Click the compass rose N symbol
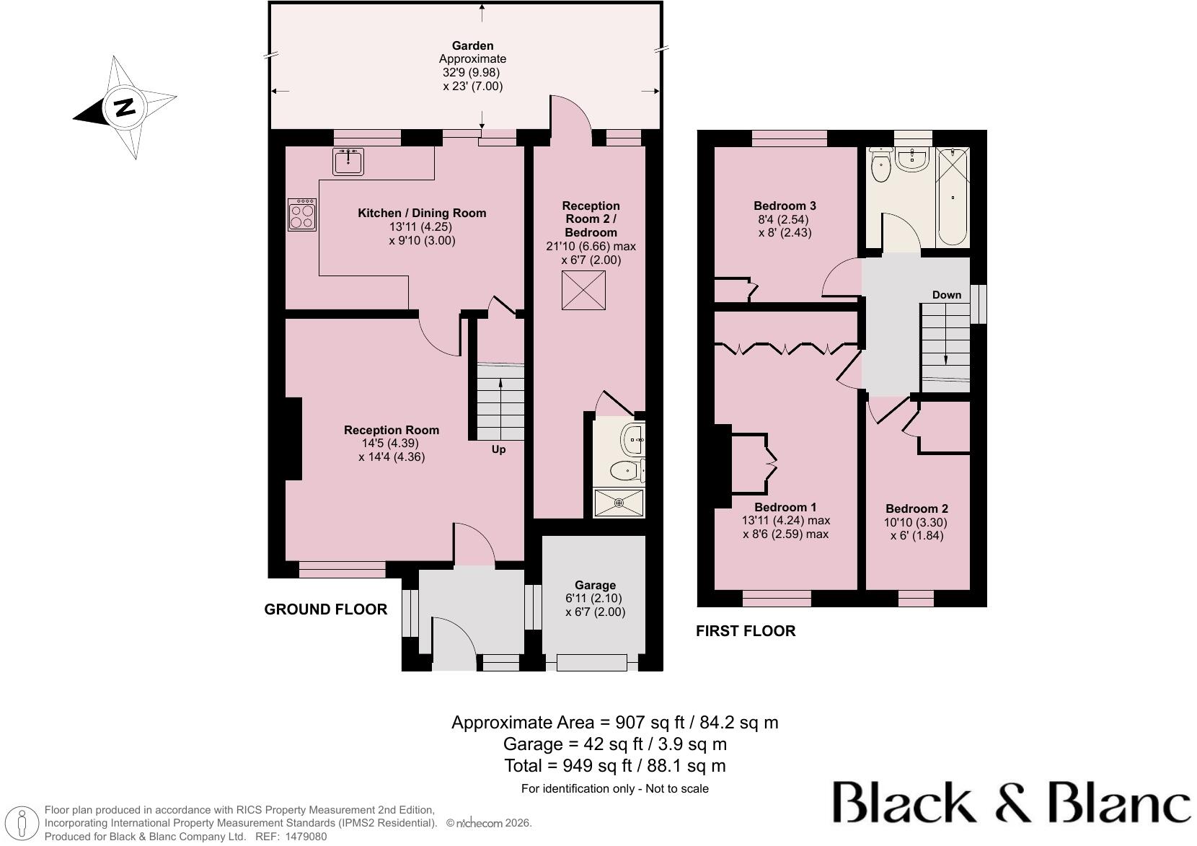125,107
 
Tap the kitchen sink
348,162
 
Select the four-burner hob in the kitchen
302,215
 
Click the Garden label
472,46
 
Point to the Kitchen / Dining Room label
422,213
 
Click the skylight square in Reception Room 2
583,290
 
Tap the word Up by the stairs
498,449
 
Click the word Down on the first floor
946,295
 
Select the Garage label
596,585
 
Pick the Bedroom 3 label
785,206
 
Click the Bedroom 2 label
916,508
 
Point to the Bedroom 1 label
785,507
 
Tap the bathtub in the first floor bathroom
953,197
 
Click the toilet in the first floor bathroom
880,164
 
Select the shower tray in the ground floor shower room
619,503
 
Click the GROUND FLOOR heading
325,609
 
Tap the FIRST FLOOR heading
746,630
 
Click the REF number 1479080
306,837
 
